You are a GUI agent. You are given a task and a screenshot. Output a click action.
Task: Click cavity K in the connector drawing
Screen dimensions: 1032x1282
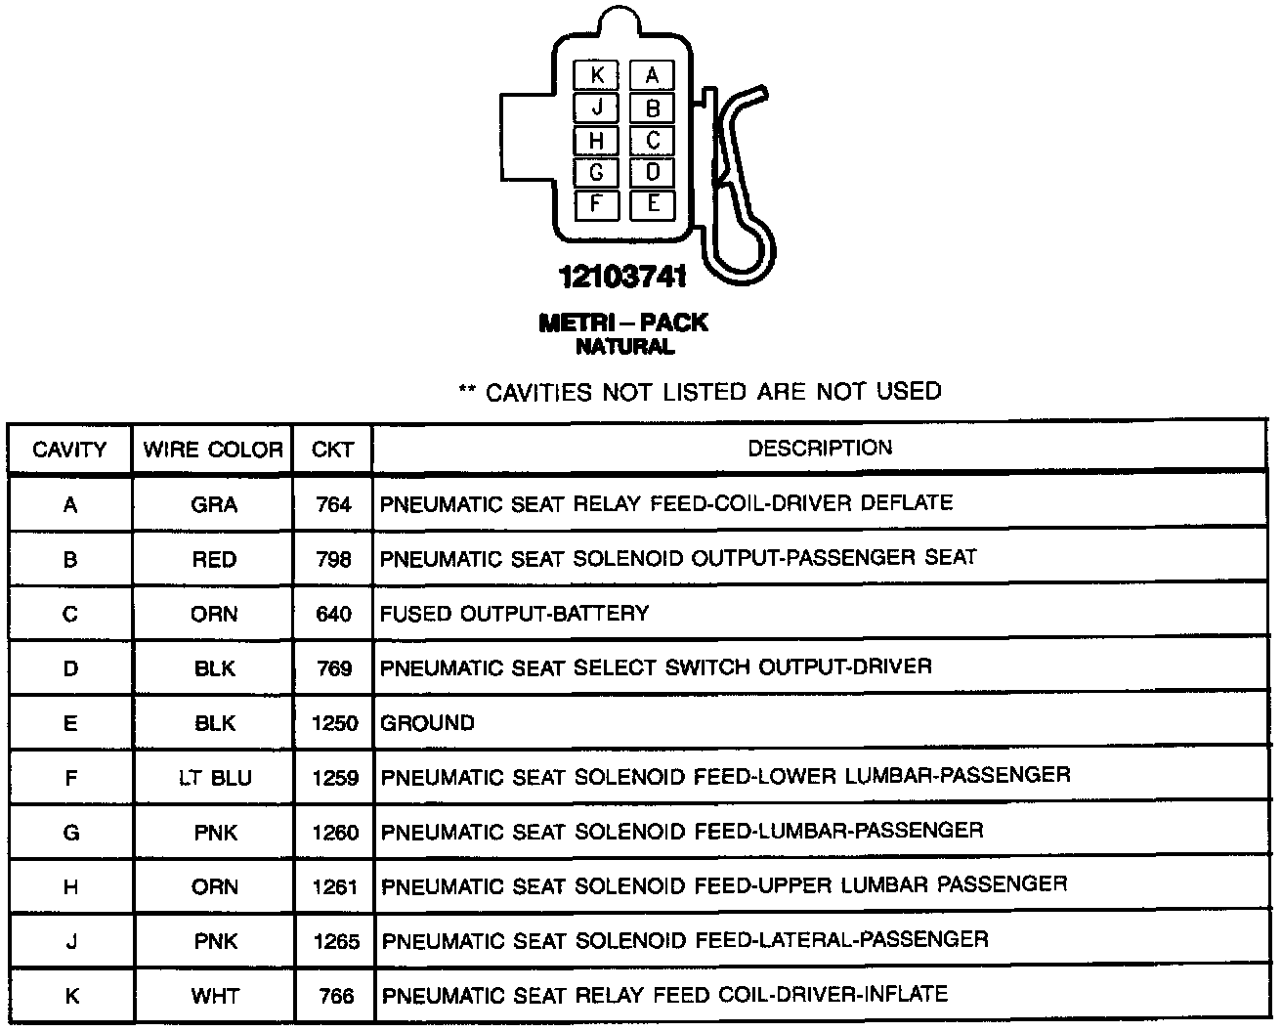597,75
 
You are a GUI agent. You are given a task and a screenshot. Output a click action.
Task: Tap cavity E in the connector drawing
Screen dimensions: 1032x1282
653,204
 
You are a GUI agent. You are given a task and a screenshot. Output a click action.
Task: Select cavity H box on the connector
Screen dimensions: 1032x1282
597,141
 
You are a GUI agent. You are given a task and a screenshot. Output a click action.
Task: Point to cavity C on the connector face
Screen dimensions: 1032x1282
653,141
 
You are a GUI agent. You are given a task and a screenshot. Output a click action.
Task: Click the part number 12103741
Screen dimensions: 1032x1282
622,278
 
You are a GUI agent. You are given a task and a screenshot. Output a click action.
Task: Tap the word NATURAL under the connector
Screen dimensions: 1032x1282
624,347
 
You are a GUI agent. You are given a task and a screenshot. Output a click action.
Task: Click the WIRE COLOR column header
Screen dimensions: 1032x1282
213,450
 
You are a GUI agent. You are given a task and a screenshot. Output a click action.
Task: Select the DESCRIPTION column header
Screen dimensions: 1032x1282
820,449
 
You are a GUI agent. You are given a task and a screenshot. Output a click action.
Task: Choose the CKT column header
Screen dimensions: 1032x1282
332,450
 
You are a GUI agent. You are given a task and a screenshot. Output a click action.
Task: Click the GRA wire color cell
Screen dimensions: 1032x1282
214,504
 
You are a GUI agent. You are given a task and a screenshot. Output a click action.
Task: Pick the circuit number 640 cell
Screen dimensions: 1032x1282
333,615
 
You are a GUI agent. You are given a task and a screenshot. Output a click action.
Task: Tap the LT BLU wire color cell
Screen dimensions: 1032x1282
214,779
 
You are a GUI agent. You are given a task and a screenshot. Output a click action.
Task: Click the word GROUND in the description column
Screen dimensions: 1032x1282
427,723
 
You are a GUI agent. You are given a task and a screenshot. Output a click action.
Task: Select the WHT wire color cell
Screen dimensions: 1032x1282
214,997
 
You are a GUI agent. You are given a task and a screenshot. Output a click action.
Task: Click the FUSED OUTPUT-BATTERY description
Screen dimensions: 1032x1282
514,614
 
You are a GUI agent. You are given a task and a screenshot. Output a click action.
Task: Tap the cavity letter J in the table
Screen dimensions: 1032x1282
70,942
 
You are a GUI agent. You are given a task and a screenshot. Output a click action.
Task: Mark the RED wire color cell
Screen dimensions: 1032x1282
214,560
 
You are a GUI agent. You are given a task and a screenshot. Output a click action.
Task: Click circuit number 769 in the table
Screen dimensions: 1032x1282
334,668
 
